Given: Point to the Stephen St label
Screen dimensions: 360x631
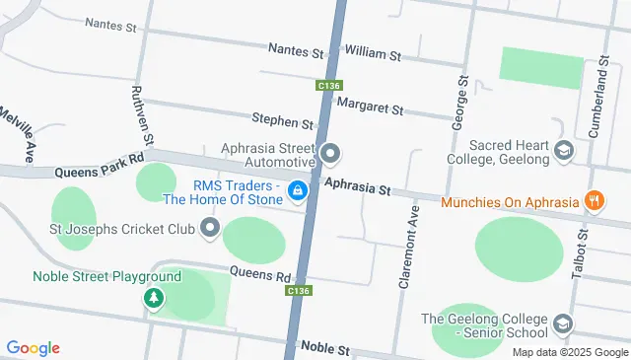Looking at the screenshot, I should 282,122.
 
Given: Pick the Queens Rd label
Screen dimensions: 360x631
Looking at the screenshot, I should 261,273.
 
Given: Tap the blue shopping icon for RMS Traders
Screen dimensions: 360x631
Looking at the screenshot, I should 297,189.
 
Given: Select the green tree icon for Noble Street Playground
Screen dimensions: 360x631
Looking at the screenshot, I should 153,297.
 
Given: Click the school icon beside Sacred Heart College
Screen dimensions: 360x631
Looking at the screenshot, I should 563,152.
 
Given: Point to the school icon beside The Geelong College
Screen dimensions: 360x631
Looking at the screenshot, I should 562,323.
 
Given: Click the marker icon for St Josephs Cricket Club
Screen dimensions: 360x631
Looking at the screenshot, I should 209,231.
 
